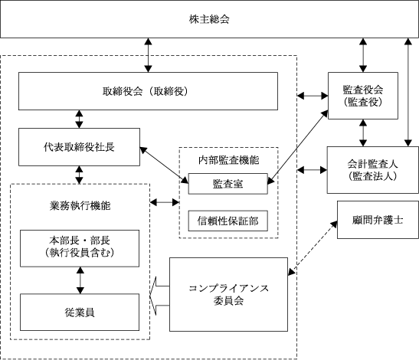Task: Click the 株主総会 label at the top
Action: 209,19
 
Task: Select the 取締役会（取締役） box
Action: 148,91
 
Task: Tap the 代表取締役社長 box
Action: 79,147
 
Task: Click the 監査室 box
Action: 228,184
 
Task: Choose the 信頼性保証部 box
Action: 228,221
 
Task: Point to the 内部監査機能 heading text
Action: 228,160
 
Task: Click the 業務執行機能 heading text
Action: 80,206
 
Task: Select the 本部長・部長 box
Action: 80,248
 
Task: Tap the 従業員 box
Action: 80,313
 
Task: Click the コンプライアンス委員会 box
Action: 228,295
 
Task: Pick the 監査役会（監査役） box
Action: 363,96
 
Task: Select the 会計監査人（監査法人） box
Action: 373,170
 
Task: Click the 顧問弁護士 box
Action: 378,220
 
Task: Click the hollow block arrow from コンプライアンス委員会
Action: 159,296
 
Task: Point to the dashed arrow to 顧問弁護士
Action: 313,248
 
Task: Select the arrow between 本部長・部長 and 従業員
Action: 80,280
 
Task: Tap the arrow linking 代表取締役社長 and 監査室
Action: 164,165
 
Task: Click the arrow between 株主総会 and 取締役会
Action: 148,55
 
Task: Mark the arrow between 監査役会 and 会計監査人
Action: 363,133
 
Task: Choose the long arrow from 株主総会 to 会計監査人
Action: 408,92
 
